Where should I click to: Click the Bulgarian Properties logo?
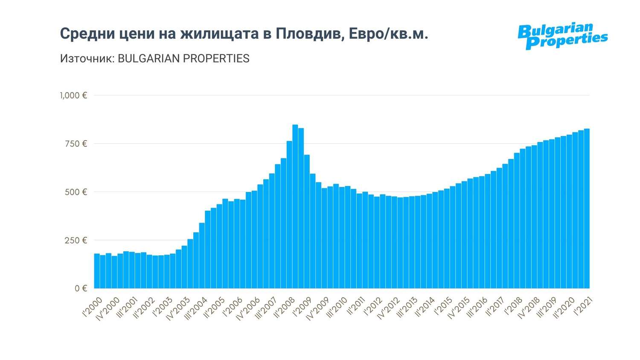point(562,36)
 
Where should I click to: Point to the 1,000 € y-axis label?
point(73,96)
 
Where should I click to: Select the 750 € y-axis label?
point(76,144)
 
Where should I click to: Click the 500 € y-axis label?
point(76,192)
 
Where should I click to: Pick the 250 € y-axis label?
point(76,241)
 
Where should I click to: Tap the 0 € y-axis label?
point(81,289)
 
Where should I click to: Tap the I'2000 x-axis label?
point(92,308)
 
